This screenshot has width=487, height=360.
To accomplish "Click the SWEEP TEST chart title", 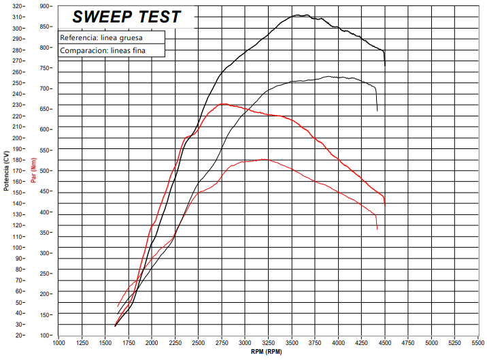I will [127, 16].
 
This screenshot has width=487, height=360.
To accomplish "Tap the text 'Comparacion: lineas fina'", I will [103, 50].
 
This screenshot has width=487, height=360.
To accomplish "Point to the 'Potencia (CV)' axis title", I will [6, 170].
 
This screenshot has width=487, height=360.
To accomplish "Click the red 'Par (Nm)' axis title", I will [33, 170].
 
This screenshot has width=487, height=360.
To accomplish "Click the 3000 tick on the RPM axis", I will [245, 344].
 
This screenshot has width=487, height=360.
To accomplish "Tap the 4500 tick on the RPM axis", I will [385, 344].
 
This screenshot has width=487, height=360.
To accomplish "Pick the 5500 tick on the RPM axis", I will [478, 344].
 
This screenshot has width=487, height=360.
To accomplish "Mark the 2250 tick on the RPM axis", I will [175, 344].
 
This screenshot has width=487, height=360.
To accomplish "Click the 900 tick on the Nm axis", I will [46, 6].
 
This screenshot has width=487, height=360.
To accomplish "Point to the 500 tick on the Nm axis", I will [46, 171].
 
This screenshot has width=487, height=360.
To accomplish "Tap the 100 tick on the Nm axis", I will [46, 336].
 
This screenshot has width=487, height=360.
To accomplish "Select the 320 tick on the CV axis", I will [18, 6].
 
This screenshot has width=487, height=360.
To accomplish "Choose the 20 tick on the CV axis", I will [19, 336].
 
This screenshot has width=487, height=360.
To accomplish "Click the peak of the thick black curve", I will [300, 15].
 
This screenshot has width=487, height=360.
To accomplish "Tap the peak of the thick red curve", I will [223, 104].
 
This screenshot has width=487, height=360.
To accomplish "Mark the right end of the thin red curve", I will [377, 229].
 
